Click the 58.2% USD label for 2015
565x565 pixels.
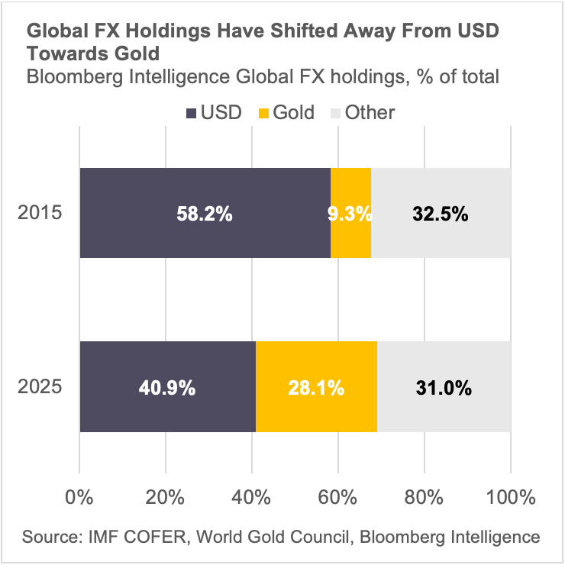point(204,215)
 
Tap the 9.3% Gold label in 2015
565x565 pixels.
point(350,215)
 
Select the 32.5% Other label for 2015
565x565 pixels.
point(440,215)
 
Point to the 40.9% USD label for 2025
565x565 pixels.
point(167,388)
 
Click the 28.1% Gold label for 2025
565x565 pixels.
point(316,388)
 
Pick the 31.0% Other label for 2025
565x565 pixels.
point(444,388)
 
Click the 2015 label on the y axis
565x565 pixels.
point(40,213)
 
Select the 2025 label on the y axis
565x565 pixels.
point(40,386)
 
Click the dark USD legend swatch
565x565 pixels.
point(190,113)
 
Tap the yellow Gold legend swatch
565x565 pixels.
point(261,113)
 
